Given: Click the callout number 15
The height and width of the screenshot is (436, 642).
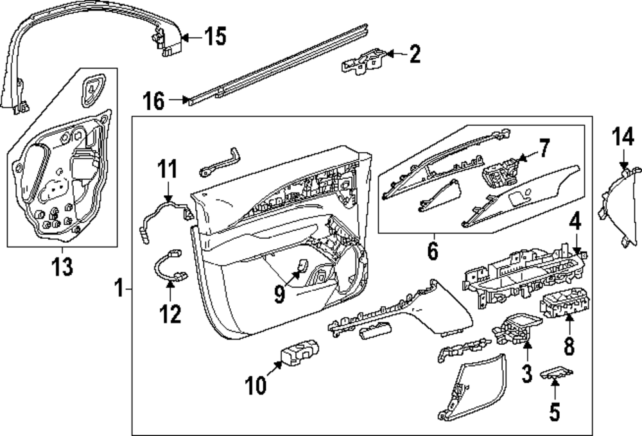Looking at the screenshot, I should (216, 37).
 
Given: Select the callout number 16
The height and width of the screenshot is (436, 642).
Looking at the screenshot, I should (155, 100).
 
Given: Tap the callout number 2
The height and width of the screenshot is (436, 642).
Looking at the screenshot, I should (415, 55).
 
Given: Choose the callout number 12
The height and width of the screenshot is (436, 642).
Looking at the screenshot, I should (171, 314).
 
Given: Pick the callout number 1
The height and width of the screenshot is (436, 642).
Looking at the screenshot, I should (118, 290).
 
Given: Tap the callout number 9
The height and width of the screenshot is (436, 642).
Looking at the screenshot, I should (279, 295).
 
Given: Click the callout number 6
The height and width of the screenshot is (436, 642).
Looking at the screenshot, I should (432, 250).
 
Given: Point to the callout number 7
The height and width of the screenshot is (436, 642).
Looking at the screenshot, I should (543, 150).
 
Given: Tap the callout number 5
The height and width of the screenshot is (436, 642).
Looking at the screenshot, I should (554, 412).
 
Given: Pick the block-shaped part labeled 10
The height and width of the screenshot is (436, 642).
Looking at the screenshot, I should (300, 353).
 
